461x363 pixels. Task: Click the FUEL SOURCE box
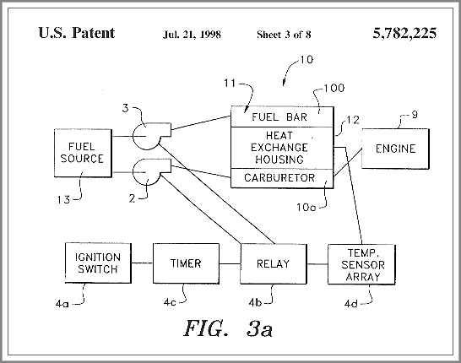[x=83, y=153]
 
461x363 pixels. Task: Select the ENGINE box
[x=395, y=149]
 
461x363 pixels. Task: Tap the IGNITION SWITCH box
[x=98, y=263]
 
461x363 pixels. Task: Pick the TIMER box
[x=186, y=263]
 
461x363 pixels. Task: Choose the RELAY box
[x=274, y=264]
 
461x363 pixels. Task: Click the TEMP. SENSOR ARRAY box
[x=361, y=264]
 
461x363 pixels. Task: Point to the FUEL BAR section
[x=282, y=117]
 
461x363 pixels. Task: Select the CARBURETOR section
[x=282, y=178]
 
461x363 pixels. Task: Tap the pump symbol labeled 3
[x=151, y=136]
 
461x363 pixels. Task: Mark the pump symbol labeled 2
[x=151, y=172]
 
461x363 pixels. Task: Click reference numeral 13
[x=63, y=200]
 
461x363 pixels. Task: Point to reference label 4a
[x=62, y=303]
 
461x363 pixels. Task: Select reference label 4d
[x=350, y=304]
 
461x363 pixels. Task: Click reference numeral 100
[x=334, y=88]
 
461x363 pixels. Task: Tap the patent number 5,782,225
[x=404, y=33]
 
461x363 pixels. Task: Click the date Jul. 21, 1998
[x=192, y=35]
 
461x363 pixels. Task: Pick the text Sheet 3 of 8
[x=284, y=35]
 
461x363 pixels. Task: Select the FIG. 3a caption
[x=228, y=328]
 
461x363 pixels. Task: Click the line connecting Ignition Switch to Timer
[x=142, y=263]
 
